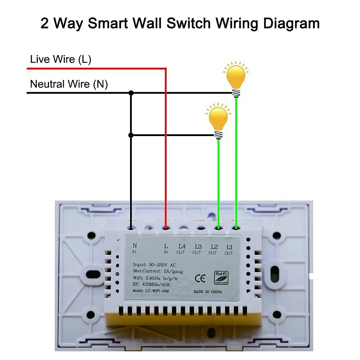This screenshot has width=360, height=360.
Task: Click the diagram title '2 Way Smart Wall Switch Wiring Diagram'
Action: pos(180,23)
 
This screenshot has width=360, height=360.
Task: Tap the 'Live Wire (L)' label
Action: pos(60,59)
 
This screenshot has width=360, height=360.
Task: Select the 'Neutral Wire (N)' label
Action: pos(69,84)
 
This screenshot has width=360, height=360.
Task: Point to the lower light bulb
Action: pos(219,121)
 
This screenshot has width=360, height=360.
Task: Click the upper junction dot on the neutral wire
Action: pos(131,93)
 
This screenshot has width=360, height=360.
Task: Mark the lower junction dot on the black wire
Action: pos(131,135)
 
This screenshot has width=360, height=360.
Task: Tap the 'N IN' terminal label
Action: pos(135,248)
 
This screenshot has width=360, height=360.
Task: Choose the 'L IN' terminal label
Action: pos(166,249)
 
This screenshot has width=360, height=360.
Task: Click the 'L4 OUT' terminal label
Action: pos(181,249)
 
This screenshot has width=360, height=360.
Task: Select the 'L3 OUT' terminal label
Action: pos(197,249)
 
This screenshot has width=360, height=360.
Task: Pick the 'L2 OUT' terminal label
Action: pos(213,250)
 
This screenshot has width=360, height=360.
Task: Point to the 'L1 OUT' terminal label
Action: pos(229,250)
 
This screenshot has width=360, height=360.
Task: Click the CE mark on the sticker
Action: pos(200,279)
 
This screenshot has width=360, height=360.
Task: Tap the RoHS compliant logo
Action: pos(221,278)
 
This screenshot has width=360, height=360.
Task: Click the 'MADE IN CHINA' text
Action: pos(208,292)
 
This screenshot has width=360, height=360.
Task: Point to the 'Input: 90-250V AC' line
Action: pos(154,265)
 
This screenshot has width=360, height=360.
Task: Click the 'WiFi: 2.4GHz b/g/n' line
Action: pos(155,278)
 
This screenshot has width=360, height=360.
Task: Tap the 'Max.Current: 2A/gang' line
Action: pos(158,271)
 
